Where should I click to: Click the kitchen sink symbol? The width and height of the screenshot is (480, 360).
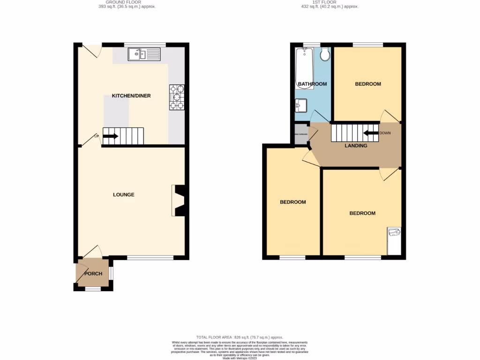144,54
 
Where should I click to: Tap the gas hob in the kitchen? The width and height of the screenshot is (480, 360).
177,97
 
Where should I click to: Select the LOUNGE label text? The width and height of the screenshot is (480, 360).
124,195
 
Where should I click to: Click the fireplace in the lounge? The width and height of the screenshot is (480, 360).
180,201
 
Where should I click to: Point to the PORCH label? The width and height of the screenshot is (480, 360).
93,274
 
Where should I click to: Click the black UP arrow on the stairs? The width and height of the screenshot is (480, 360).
110,136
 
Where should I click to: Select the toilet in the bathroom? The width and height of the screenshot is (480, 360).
325,55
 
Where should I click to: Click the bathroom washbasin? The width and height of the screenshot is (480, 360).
300,105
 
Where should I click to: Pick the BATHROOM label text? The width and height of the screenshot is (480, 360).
312,84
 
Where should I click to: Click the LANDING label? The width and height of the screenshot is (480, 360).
356,146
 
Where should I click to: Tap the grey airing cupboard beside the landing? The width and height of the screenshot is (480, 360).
300,135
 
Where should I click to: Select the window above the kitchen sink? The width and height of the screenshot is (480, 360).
145,45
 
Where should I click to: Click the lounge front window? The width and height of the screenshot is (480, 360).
150,257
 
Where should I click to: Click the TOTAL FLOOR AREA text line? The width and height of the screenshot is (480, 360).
240,337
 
